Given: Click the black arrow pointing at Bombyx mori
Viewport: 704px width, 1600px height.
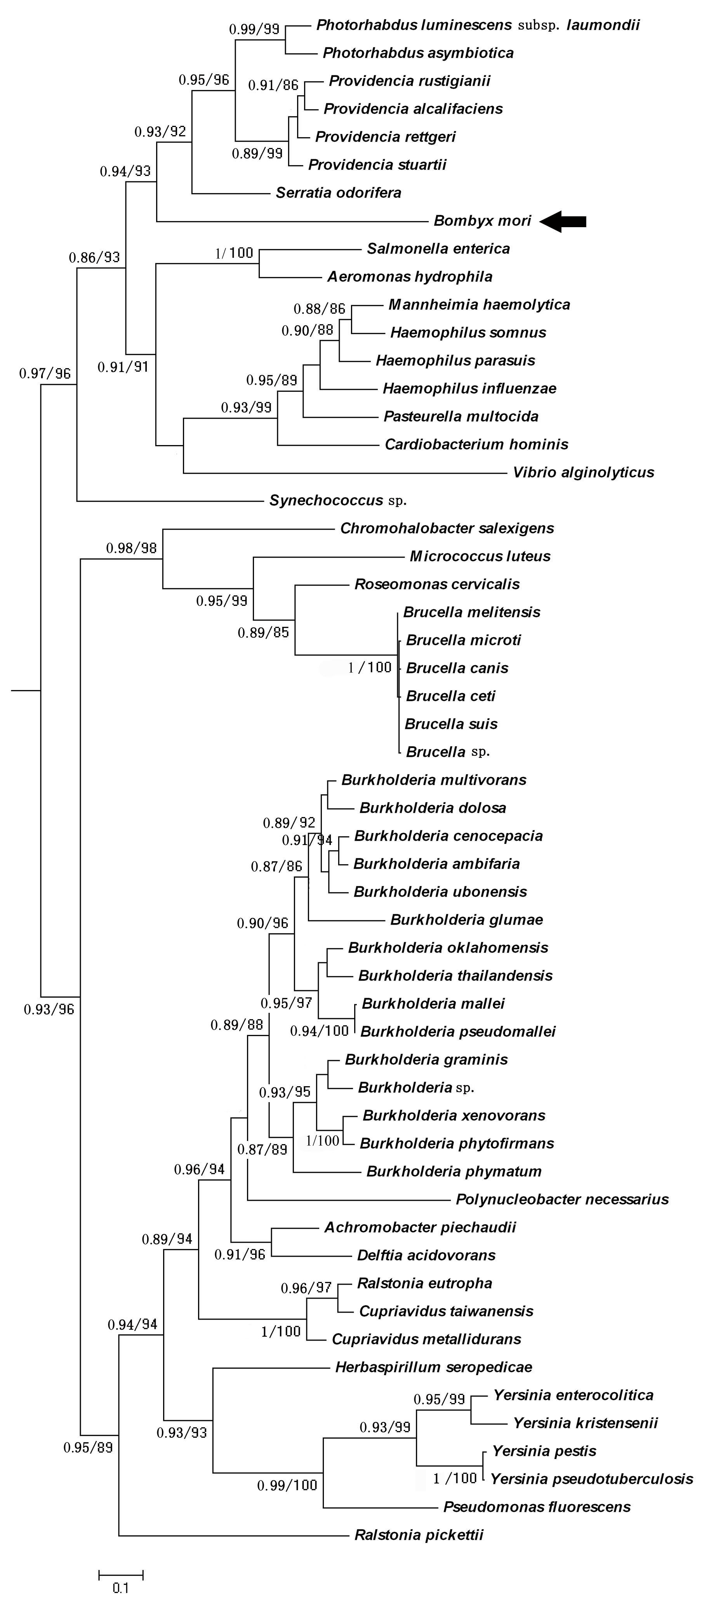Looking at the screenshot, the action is [x=562, y=221].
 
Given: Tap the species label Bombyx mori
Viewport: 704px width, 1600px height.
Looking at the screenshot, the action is [x=482, y=221].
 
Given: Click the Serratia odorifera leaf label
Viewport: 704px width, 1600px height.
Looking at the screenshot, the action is [x=338, y=193].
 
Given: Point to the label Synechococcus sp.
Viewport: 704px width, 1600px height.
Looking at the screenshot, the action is [x=338, y=500].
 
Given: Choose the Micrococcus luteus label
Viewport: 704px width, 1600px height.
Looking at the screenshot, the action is [x=480, y=556].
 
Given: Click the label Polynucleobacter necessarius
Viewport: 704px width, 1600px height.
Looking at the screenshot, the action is [x=562, y=1199].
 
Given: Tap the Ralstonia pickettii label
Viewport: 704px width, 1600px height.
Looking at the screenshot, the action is [x=419, y=1535].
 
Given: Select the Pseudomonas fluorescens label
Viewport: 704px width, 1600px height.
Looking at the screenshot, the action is [x=537, y=1507].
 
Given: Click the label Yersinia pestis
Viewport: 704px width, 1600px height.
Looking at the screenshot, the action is [x=544, y=1451].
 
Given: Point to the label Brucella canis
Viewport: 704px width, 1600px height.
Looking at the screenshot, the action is [x=457, y=668].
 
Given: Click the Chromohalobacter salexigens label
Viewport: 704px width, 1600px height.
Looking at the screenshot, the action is [x=447, y=528].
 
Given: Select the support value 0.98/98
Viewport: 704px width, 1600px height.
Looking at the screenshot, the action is [x=132, y=548].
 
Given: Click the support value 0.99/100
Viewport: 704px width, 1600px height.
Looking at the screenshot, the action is [x=287, y=1485].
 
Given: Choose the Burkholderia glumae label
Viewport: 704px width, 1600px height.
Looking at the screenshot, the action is [x=467, y=919].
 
